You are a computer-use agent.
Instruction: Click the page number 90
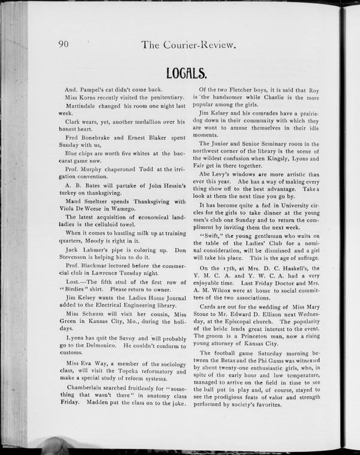[66, 44]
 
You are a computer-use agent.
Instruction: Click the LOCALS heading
[187, 74]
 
